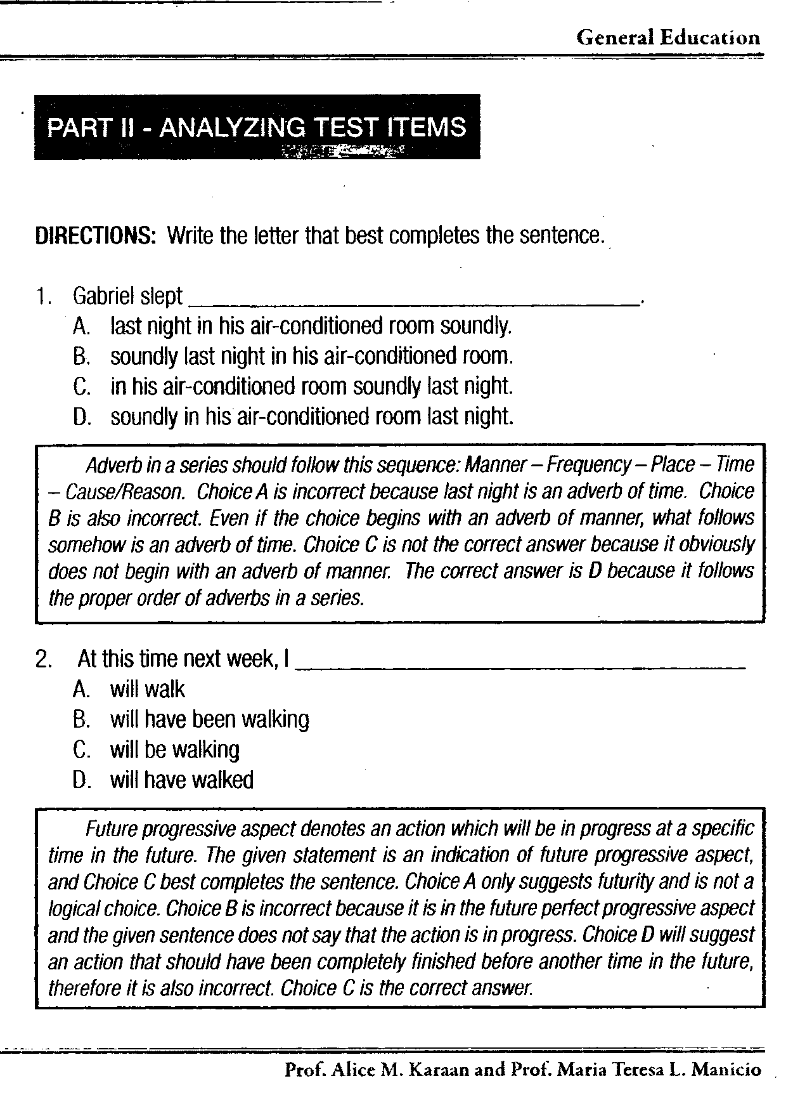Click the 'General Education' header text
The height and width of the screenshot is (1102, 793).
pos(667,37)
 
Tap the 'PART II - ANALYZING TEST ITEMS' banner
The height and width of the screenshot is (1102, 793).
pos(257,128)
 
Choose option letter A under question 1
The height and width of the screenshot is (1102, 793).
pos(80,327)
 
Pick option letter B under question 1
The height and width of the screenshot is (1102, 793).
pos(80,357)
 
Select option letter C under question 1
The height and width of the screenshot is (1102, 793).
pos(80,386)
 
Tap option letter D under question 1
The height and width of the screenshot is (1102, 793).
pos(80,417)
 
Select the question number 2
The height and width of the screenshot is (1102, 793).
pos(43,660)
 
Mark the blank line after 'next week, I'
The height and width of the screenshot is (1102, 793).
pos(520,665)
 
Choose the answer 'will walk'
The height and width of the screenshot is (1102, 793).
pos(147,690)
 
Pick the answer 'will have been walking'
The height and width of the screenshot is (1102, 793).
pos(209,720)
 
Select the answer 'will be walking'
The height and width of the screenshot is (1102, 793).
pos(174,751)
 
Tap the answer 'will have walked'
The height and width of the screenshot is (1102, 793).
pos(181,780)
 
